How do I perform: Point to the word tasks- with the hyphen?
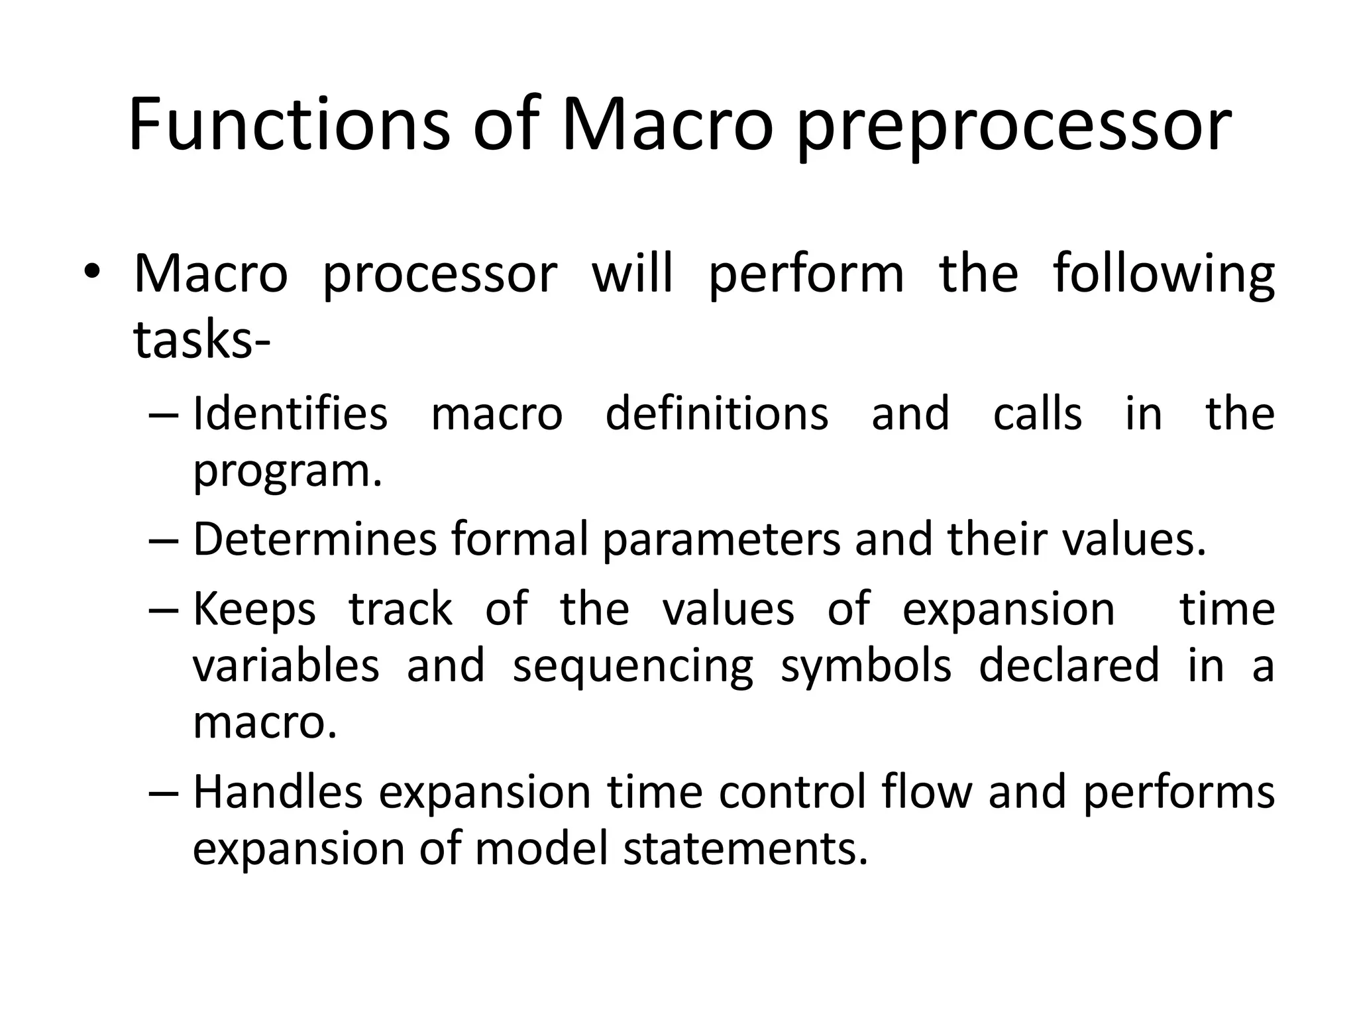coord(201,340)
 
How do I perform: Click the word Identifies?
coord(290,414)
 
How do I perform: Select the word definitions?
coord(717,414)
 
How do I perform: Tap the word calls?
coord(1038,414)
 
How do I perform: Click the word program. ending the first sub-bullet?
coord(288,472)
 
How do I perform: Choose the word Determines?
coord(315,539)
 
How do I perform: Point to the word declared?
coord(1068,665)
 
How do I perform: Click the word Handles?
coord(278,792)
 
